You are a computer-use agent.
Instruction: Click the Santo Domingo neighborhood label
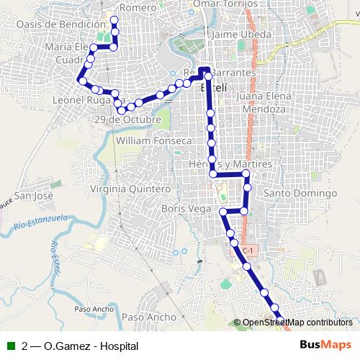tap(301, 194)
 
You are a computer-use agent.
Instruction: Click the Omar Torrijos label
tap(225, 4)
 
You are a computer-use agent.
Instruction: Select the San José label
tap(35, 195)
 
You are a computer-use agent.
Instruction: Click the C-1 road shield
tap(248, 250)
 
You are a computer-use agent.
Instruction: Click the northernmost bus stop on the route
tap(114, 19)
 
